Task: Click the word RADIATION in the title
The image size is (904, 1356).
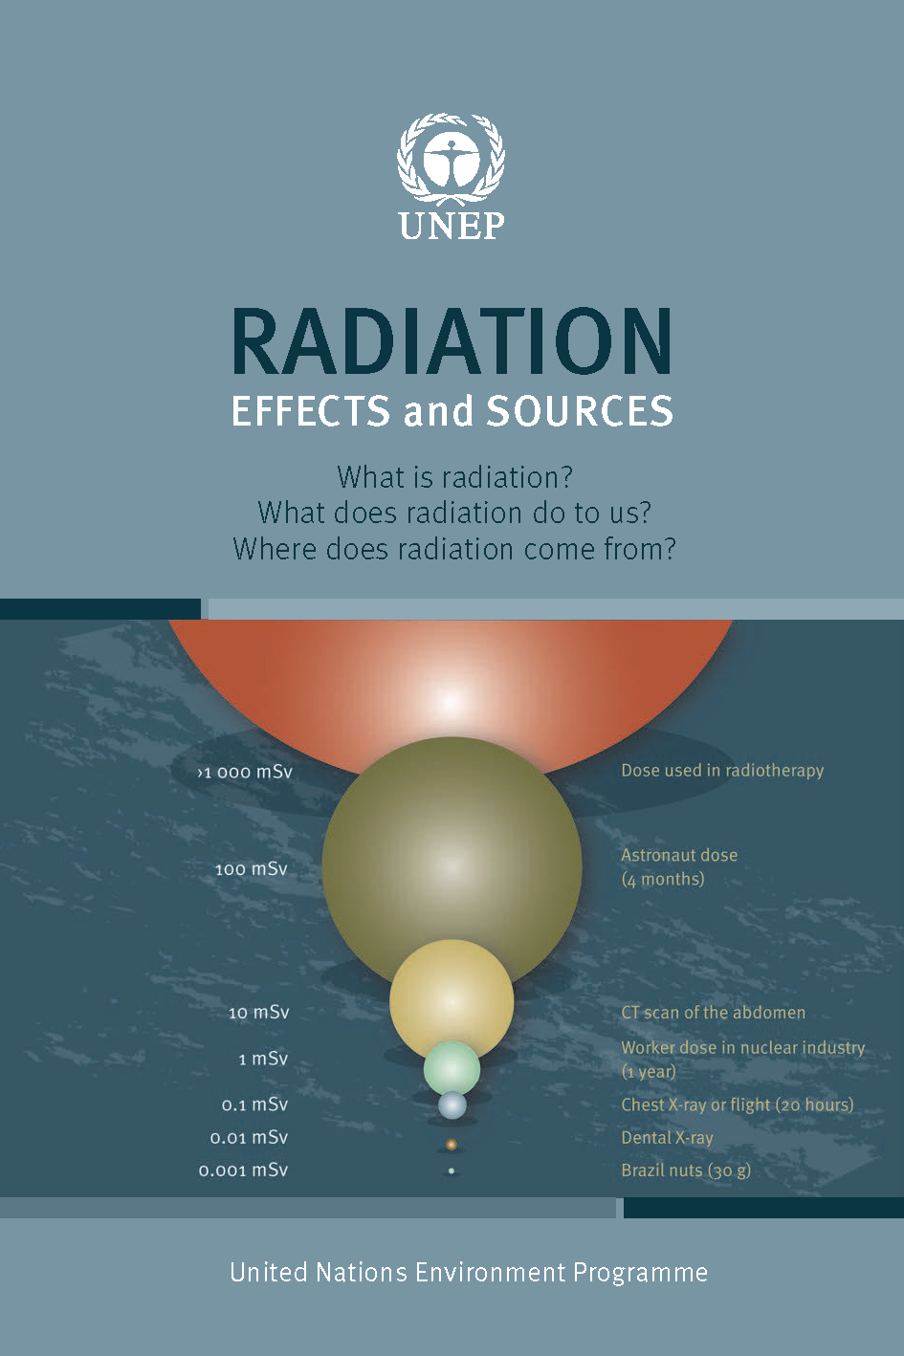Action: click(x=452, y=342)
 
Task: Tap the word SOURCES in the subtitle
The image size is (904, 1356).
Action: click(x=580, y=411)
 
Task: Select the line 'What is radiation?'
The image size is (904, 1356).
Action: click(x=454, y=476)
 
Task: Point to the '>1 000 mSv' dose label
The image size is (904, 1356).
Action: click(x=245, y=772)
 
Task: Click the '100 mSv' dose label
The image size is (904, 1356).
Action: click(x=251, y=869)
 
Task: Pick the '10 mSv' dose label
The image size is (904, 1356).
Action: click(x=258, y=1012)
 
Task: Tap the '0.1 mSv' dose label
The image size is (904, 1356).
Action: click(x=254, y=1104)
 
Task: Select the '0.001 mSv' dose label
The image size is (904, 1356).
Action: click(x=243, y=1170)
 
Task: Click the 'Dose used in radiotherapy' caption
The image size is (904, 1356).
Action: click(x=722, y=771)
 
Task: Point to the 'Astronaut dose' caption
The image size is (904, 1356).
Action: click(x=679, y=856)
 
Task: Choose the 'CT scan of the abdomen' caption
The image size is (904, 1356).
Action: click(x=713, y=1013)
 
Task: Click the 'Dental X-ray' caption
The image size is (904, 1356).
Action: click(x=667, y=1138)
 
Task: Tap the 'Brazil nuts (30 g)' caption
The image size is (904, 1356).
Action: click(x=686, y=1170)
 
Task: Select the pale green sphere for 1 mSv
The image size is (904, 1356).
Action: click(x=452, y=1066)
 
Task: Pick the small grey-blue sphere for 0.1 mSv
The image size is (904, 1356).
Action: click(x=452, y=1105)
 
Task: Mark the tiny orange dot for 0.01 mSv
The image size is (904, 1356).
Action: click(x=451, y=1144)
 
